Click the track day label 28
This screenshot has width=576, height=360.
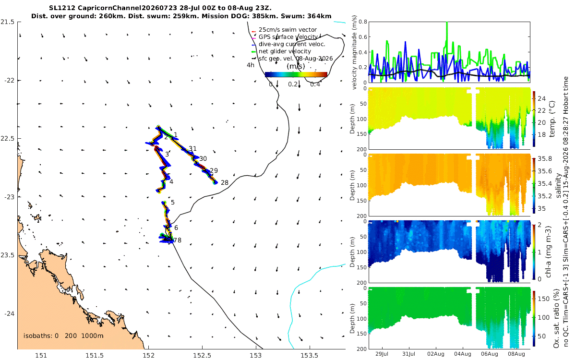click(x=225, y=182)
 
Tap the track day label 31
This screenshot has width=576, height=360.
click(x=192, y=149)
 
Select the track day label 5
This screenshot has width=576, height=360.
click(x=172, y=203)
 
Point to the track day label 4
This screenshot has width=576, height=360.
click(x=171, y=182)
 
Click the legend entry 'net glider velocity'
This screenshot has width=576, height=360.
click(x=285, y=51)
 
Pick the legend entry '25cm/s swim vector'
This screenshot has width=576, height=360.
click(x=288, y=30)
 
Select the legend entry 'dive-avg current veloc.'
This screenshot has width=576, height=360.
click(x=292, y=44)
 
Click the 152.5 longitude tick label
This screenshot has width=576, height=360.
click(x=202, y=355)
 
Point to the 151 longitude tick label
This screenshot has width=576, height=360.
click(x=41, y=355)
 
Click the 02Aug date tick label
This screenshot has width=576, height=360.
click(x=436, y=354)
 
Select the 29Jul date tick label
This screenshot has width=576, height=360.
click(x=382, y=354)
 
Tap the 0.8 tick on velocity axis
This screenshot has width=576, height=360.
click(x=362, y=22)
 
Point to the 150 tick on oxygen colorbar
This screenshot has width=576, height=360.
click(x=543, y=299)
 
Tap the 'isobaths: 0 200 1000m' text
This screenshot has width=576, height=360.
click(x=63, y=336)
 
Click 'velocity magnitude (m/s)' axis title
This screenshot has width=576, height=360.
click(x=354, y=52)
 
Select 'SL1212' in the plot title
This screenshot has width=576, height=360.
click(x=62, y=8)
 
